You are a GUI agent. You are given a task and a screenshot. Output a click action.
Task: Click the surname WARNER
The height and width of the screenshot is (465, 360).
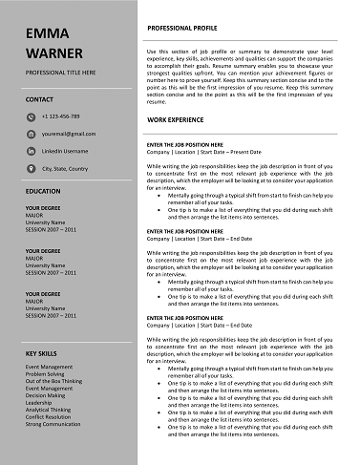(54, 53)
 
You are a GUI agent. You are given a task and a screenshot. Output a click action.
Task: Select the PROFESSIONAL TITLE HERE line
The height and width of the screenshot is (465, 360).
(61, 73)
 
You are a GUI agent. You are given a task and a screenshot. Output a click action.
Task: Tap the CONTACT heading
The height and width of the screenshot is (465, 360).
(40, 99)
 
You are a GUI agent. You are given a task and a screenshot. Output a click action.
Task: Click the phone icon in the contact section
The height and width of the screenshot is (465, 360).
(31, 116)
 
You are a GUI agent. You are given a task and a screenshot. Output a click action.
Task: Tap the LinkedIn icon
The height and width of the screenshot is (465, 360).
(31, 151)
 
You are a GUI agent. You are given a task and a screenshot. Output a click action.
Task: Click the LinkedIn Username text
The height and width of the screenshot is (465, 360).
(67, 151)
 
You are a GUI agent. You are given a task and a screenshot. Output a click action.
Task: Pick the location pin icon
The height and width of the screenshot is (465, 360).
(31, 168)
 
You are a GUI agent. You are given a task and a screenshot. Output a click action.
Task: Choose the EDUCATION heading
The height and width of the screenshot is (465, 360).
(44, 191)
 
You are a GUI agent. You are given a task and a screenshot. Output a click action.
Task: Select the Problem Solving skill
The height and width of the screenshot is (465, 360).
(46, 373)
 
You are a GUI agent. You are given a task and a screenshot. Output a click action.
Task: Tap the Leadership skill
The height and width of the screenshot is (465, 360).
(40, 402)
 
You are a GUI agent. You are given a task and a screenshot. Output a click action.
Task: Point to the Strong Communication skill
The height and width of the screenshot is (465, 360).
(53, 423)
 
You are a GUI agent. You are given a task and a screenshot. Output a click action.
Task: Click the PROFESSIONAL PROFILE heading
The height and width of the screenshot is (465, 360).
(189, 31)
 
